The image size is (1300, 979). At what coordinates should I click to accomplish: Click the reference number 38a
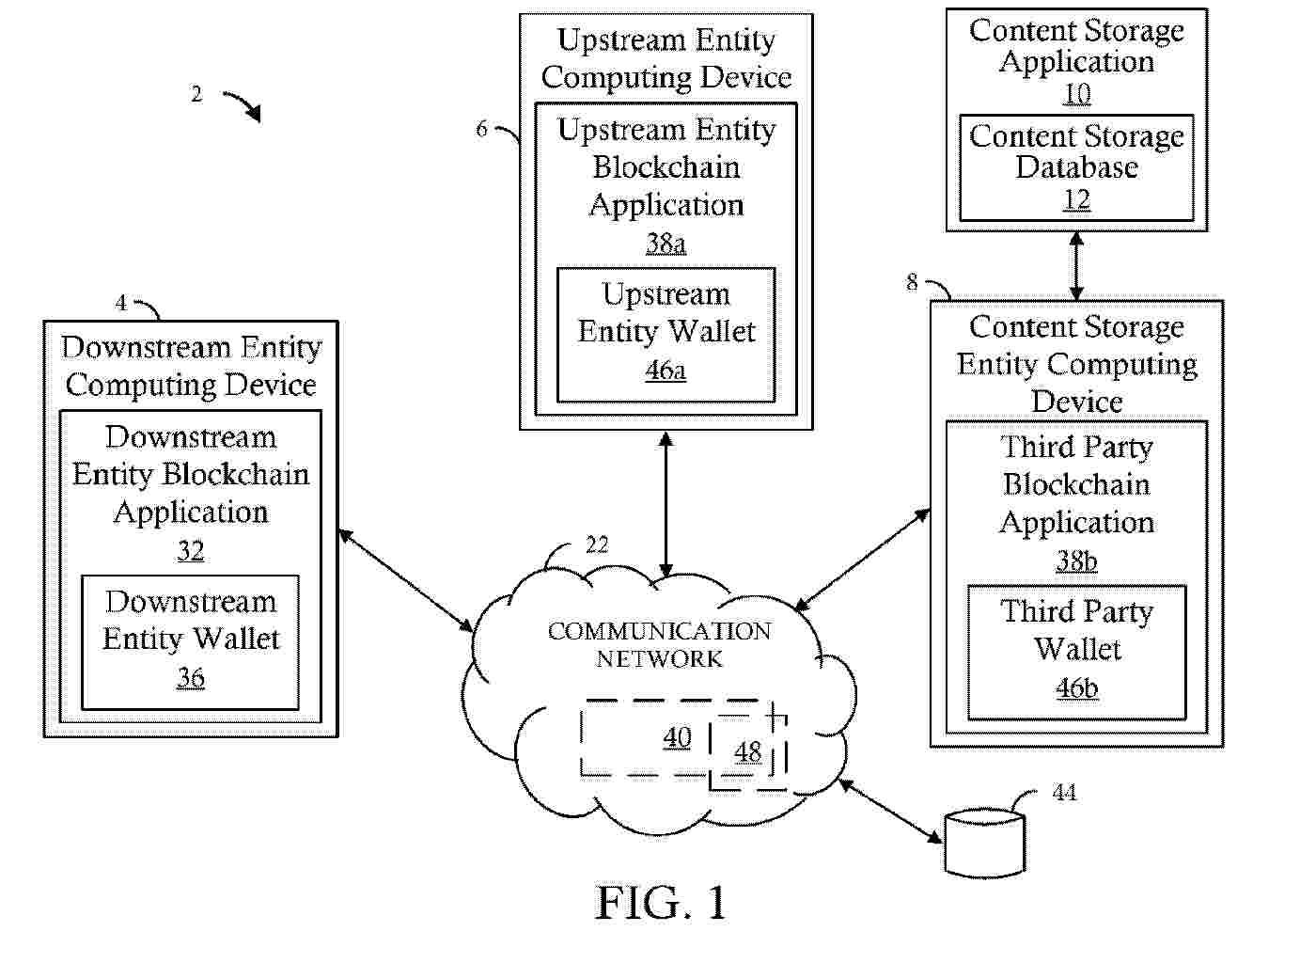[x=666, y=244]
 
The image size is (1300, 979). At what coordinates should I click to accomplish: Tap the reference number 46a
[x=666, y=371]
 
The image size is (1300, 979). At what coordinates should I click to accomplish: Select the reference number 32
[x=191, y=550]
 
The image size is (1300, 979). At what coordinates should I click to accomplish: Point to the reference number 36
[x=191, y=677]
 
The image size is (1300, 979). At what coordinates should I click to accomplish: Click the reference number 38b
[x=1076, y=561]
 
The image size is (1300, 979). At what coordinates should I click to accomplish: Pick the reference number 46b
[x=1076, y=688]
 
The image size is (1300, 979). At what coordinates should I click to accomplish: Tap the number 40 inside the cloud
[x=677, y=737]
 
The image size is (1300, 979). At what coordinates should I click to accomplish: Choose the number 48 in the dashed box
[x=748, y=752]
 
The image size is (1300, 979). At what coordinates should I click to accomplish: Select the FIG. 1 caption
[x=661, y=903]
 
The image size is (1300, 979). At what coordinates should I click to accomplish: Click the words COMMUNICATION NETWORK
[x=659, y=645]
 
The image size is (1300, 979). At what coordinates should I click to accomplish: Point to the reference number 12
[x=1076, y=199]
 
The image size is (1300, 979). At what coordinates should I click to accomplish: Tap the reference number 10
[x=1076, y=94]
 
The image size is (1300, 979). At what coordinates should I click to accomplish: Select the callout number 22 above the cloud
[x=597, y=545]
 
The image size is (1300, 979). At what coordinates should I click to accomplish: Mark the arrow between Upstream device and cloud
[x=666, y=505]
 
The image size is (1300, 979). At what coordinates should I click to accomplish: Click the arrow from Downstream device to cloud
[x=406, y=580]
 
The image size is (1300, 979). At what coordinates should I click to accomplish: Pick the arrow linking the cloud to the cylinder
[x=890, y=810]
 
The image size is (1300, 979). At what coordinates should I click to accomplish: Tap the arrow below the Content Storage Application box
[x=1076, y=266]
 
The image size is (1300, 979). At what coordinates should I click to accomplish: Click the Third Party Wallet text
[x=1076, y=630]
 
